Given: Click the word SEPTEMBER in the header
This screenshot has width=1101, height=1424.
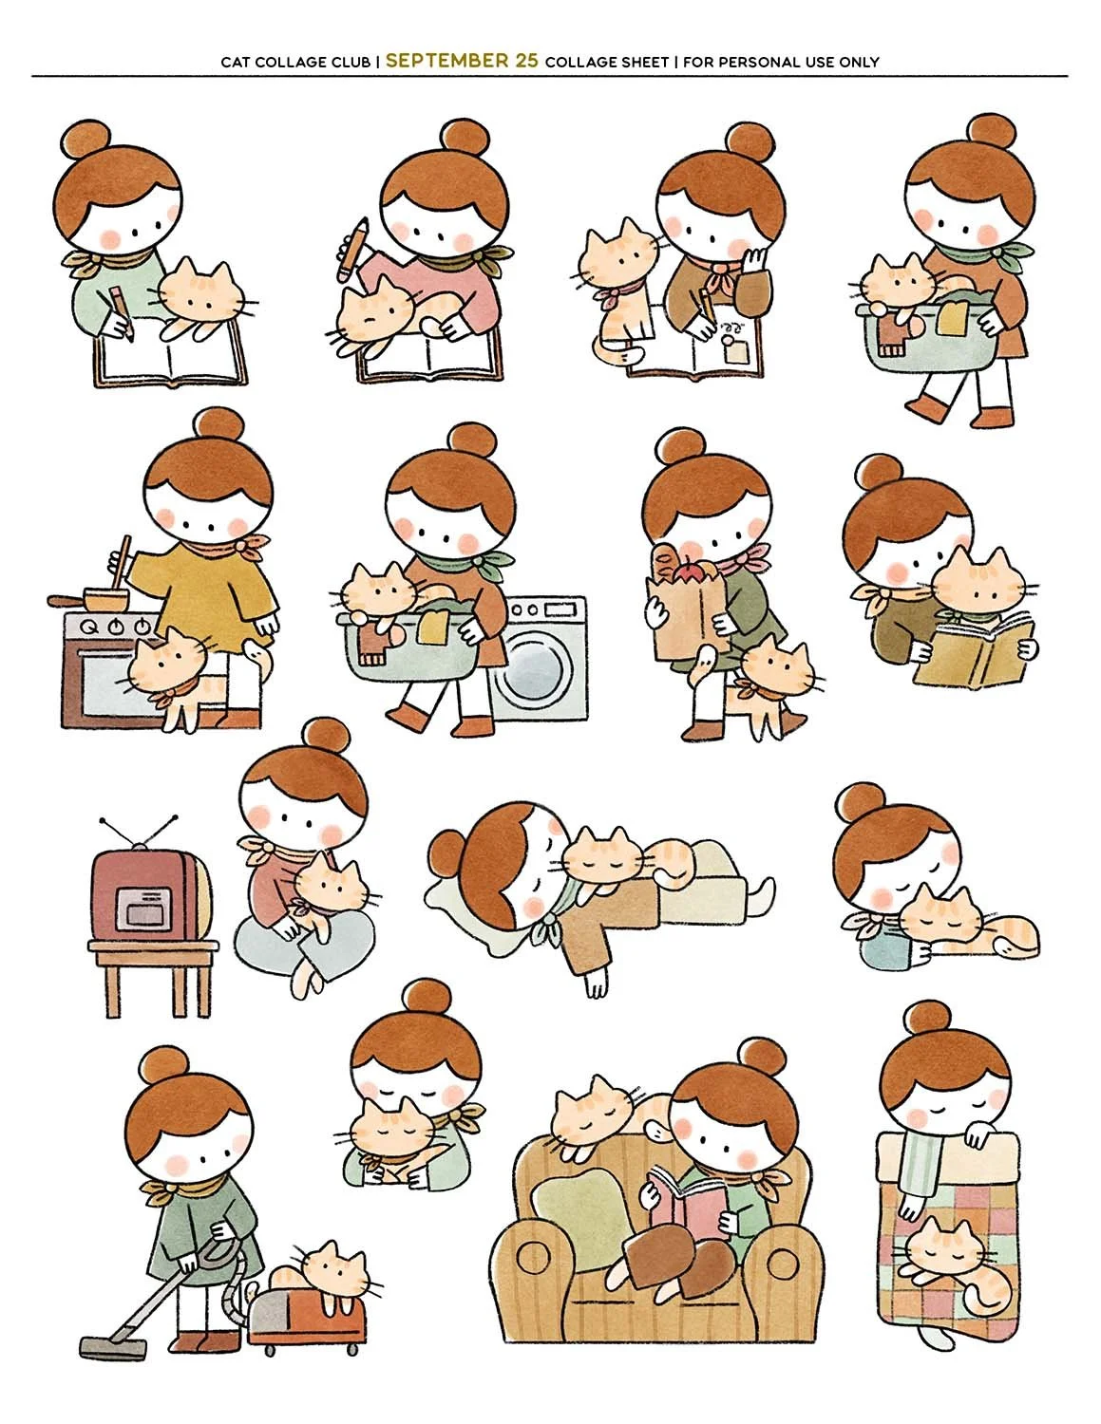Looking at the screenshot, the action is [446, 61].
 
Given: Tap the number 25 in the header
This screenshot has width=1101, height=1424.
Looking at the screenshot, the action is [526, 61].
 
